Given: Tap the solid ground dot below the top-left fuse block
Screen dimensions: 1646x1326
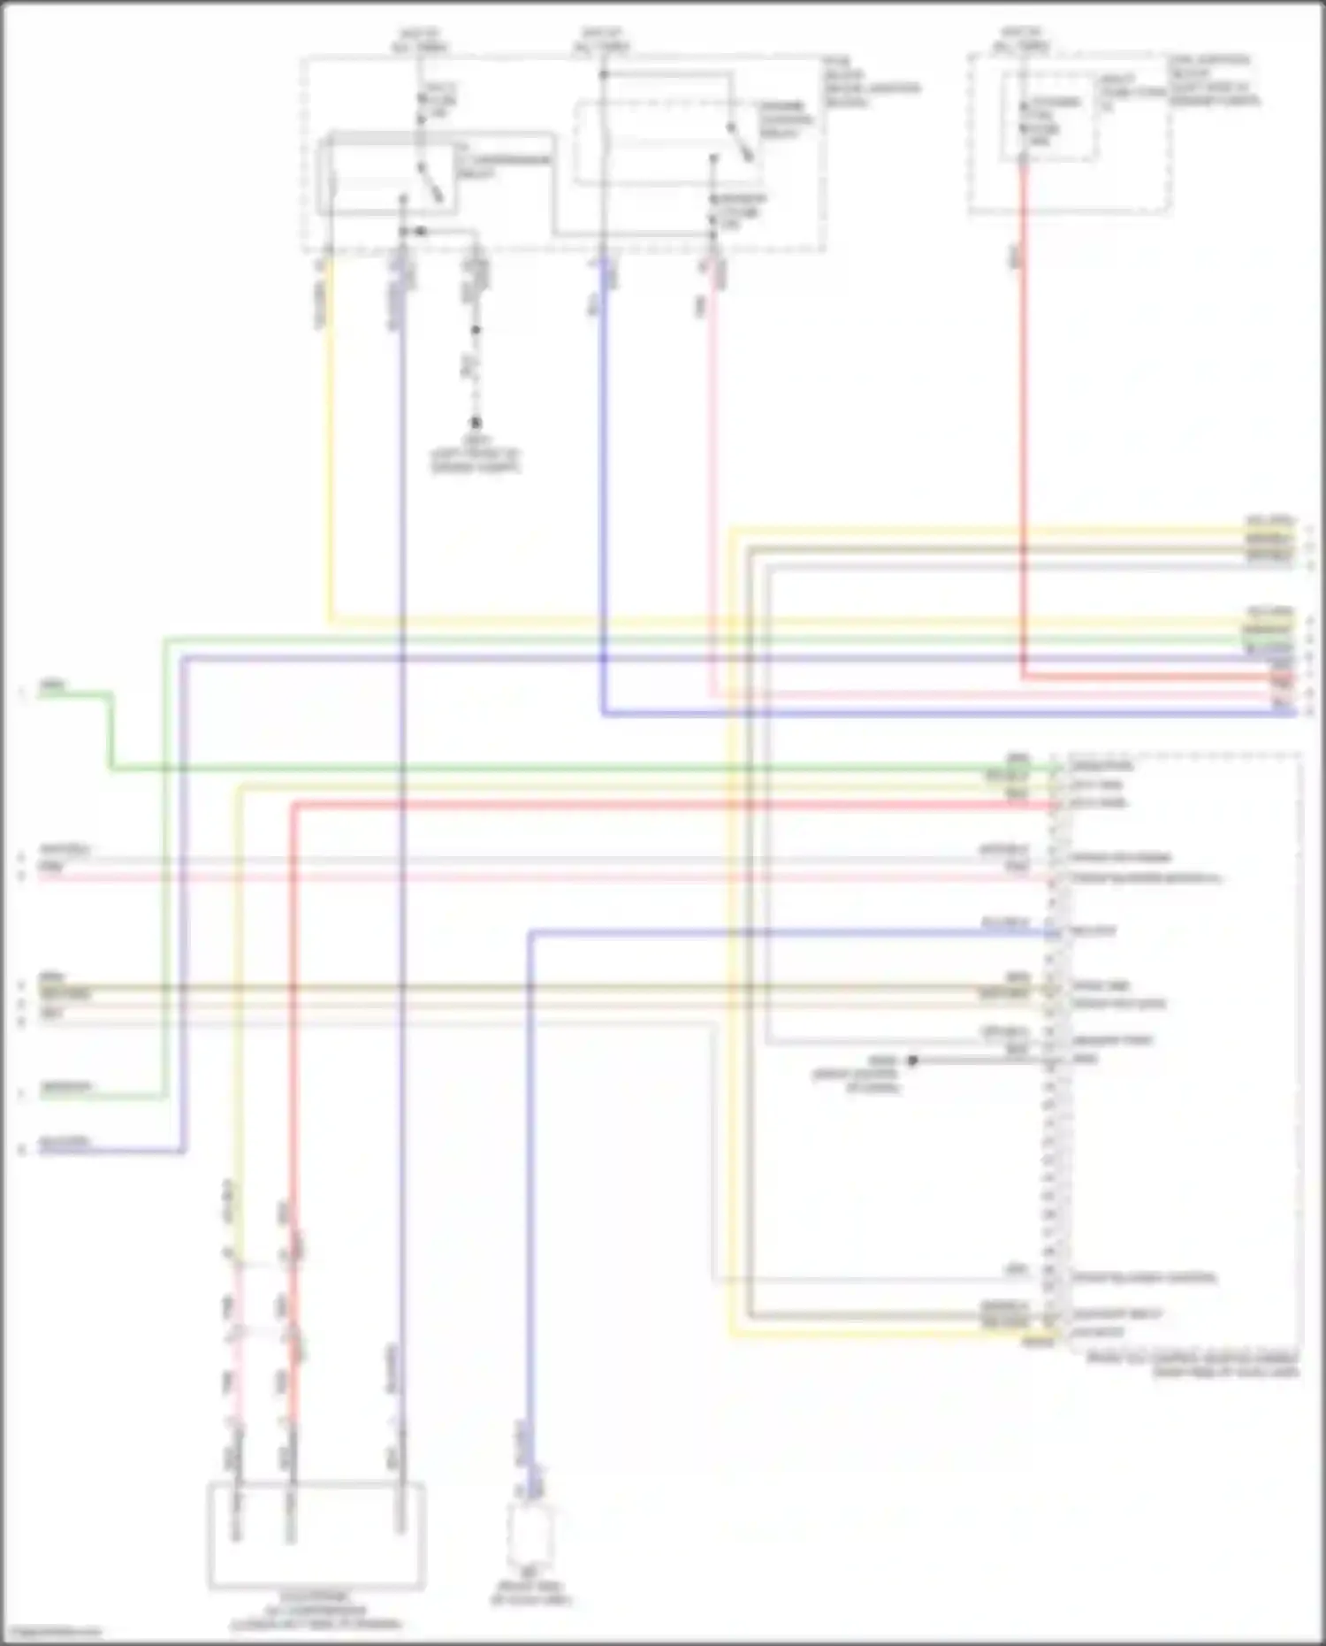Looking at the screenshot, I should point(476,424).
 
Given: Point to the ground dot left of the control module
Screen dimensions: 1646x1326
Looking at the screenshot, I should point(912,1060).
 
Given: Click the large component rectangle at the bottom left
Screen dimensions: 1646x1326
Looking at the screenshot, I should point(316,1535).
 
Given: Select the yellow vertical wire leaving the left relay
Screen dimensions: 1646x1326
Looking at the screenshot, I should point(330,442).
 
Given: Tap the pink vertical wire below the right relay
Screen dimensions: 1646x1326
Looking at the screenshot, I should point(713,486).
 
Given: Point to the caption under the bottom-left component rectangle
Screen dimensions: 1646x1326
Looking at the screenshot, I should point(316,1611).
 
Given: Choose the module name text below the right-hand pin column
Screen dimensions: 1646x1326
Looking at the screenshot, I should point(1193,1364).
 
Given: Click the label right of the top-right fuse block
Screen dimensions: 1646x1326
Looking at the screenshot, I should point(1215,81).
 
